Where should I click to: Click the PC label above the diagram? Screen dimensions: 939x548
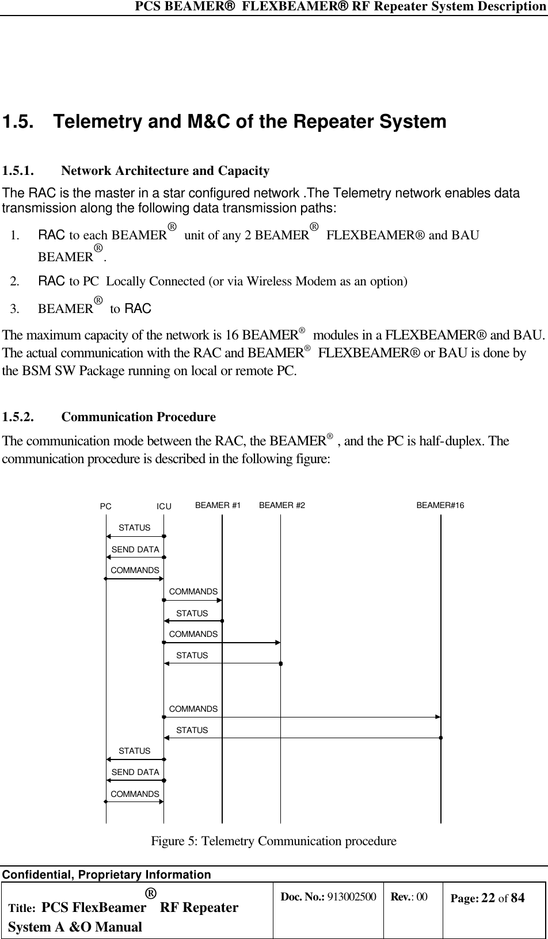click(106, 507)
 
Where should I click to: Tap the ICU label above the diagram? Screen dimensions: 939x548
click(164, 507)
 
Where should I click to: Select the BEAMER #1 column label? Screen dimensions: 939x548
click(218, 506)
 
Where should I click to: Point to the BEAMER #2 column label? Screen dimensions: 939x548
click(282, 506)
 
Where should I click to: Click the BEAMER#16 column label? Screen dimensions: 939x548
click(440, 506)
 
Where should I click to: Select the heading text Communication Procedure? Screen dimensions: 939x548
click(138, 417)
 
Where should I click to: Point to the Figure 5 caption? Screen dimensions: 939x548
click(273, 841)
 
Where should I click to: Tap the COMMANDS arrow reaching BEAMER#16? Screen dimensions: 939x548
click(302, 717)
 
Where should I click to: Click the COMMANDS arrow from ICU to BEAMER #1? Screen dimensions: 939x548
click(193, 600)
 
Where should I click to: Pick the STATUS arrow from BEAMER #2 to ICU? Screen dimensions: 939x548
click(222, 663)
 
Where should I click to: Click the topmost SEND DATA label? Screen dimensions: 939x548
click(135, 549)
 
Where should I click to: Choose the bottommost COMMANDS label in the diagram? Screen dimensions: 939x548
click(135, 794)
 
